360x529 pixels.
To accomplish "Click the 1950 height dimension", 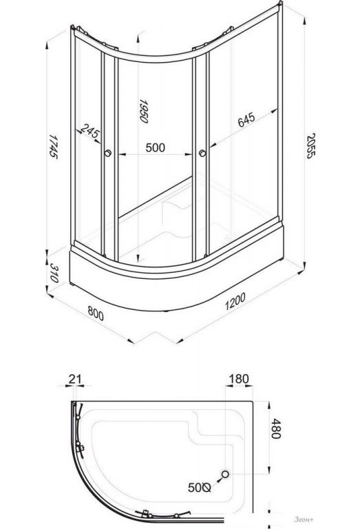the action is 144,111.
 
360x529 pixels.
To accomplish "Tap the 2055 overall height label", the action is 310,146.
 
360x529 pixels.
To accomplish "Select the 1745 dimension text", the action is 52,146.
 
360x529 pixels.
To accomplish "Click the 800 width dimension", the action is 96,313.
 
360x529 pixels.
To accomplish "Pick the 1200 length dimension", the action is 235,301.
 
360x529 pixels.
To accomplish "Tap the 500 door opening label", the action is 156,147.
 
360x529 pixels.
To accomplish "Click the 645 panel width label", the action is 246,120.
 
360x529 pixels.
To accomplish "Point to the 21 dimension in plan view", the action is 75,379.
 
